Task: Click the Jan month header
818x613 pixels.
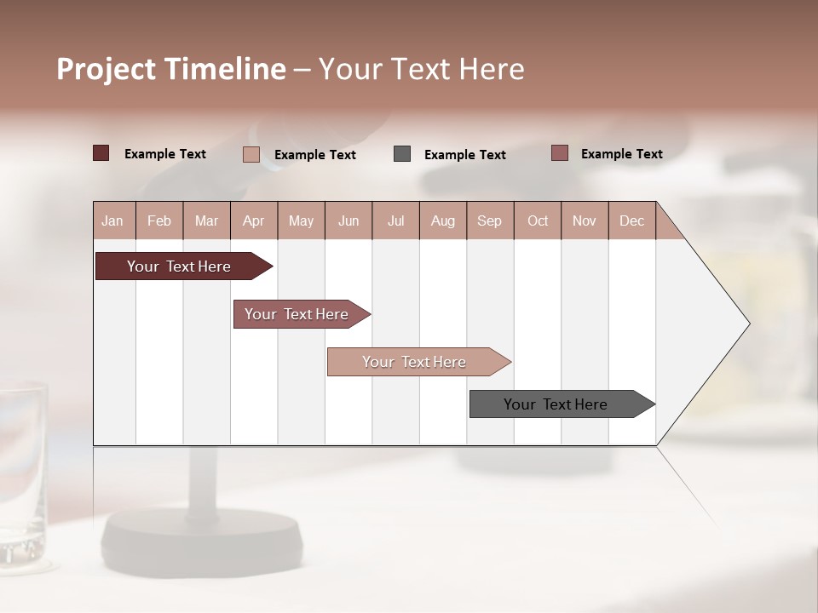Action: [x=112, y=221]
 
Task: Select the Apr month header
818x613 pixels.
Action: [x=253, y=221]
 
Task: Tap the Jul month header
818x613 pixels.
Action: [x=395, y=221]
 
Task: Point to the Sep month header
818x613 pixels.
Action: [x=489, y=221]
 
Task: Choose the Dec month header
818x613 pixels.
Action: [x=631, y=221]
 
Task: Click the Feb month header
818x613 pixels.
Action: [x=159, y=221]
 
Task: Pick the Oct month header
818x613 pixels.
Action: [x=538, y=221]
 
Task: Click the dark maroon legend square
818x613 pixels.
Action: [x=101, y=153]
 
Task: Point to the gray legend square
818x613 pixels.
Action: [x=402, y=154]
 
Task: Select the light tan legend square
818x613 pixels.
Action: [x=251, y=154]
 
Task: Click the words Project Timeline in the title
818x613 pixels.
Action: [x=170, y=69]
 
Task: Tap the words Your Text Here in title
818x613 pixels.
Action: [x=421, y=69]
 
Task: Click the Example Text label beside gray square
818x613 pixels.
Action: [x=464, y=155]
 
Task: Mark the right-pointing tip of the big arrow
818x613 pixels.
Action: [x=747, y=324]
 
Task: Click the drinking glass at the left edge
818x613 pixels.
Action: [x=21, y=473]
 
